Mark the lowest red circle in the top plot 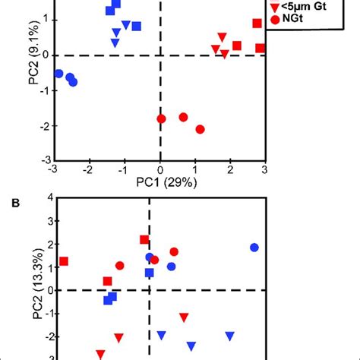click(201, 130)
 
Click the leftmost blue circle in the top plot click(58, 74)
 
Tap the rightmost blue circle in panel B click(254, 248)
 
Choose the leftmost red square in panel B click(64, 261)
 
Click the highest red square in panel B click(144, 240)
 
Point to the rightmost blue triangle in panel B click(230, 335)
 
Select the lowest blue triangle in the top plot click(115, 43)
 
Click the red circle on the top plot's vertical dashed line click(161, 118)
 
